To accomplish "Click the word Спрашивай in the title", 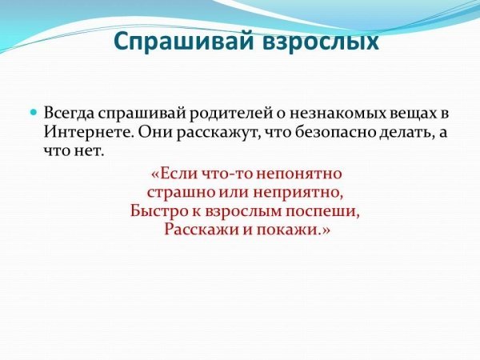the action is (183, 42).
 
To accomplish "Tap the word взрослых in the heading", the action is (321, 42).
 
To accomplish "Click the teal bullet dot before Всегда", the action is (34, 112).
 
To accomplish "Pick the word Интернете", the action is (89, 132).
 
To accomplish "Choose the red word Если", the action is (177, 174).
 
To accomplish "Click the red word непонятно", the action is (298, 174).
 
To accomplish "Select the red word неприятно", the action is (297, 194).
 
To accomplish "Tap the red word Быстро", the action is (159, 211).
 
